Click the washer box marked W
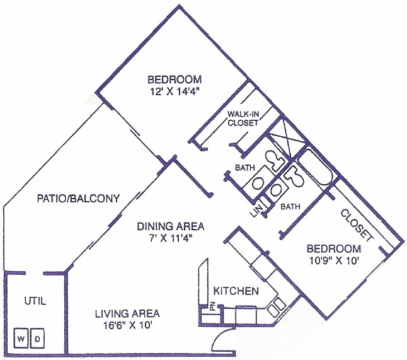pos(21,339)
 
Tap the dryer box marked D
pos(37,339)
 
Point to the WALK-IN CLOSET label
pos(243,119)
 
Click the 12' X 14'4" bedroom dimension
pos(175,91)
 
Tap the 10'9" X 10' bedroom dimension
pos(333,261)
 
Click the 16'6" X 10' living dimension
pos(127,325)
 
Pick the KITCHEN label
pos(236,291)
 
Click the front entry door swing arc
pos(221,339)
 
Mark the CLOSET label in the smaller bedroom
pos(357,224)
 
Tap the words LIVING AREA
pos(127,313)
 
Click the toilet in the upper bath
pos(275,161)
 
